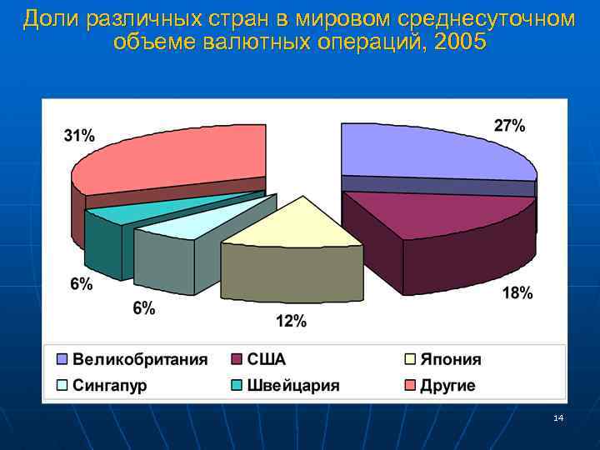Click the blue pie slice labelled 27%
coord(433,150)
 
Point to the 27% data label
coord(509,126)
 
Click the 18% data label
coord(517,292)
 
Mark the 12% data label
coord(292,322)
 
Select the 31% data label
coord(79,136)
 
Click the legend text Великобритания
coord(140,360)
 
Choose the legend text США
coord(267,360)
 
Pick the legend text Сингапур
coord(110,385)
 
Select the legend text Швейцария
coord(293,385)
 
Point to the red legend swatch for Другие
coord(412,385)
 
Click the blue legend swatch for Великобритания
coord(62,360)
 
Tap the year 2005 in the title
coord(455,42)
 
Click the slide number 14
coord(558,417)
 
